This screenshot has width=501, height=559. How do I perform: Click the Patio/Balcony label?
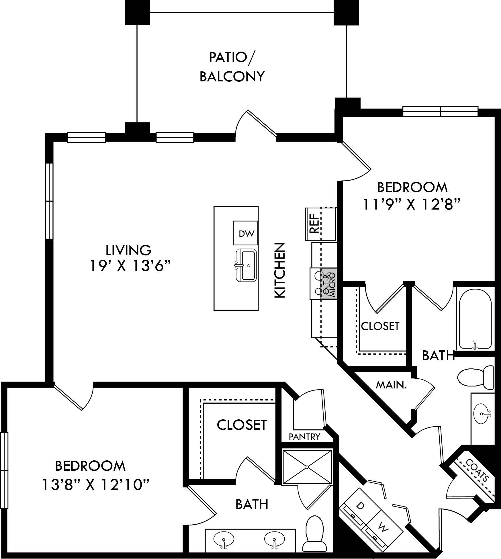click(x=232, y=67)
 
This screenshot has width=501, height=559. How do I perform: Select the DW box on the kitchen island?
click(x=246, y=234)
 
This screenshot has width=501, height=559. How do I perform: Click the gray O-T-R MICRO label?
click(x=329, y=284)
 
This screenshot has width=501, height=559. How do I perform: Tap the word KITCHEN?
click(x=280, y=270)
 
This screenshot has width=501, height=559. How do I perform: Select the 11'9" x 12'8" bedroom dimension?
click(x=412, y=205)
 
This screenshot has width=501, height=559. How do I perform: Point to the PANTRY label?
click(x=304, y=437)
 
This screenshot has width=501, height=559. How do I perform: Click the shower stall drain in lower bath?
click(x=307, y=467)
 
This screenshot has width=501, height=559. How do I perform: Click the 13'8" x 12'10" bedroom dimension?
click(x=96, y=485)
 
